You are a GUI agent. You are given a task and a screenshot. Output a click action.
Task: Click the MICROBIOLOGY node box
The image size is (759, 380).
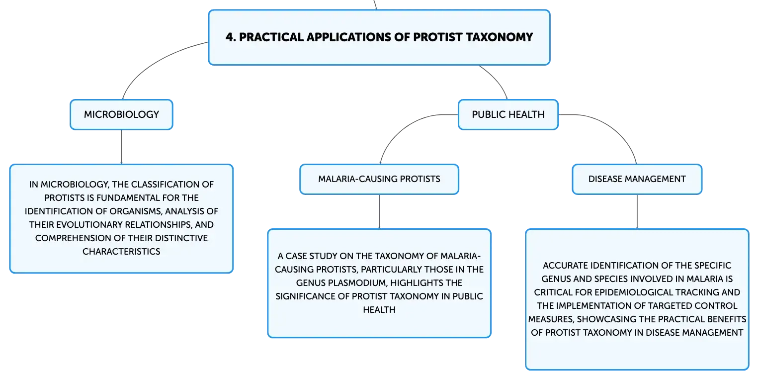click(x=121, y=114)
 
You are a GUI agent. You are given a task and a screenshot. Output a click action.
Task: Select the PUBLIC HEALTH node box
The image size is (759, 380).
click(x=508, y=114)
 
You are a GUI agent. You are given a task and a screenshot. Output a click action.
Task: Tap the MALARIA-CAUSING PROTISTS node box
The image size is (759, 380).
click(x=379, y=180)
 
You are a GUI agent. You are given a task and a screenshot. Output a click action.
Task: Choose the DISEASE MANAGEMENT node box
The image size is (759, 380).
click(x=637, y=180)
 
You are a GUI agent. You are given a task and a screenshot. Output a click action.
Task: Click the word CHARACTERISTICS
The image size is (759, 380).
click(x=121, y=252)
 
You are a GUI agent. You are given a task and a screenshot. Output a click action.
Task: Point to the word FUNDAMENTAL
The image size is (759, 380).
click(x=129, y=197)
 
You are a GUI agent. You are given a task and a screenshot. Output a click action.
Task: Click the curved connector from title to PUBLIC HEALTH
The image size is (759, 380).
click(x=496, y=79)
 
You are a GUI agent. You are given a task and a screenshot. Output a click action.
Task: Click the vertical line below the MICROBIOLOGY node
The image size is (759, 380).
click(x=121, y=147)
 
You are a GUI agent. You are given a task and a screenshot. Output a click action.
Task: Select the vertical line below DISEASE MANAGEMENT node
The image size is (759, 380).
click(x=637, y=212)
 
